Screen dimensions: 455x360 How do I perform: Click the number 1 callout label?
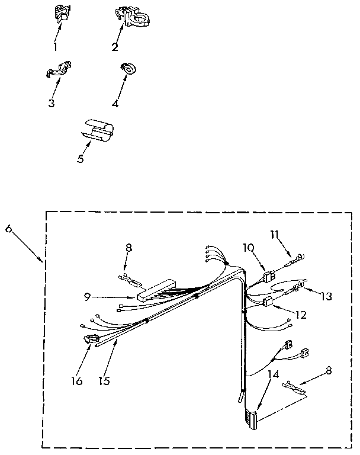tap(55, 46)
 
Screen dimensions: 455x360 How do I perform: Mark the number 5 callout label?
tap(79, 159)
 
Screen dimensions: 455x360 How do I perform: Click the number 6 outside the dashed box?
tap(8, 229)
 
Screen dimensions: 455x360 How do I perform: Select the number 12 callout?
tap(301, 315)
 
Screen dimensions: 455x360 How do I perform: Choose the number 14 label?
tap(272, 375)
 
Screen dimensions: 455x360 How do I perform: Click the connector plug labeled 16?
tap(90, 341)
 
